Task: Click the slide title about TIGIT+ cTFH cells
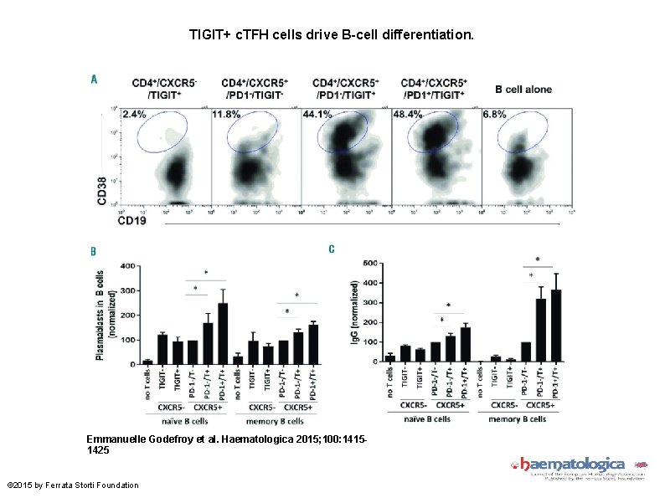(x=332, y=37)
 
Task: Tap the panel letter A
(x=94, y=80)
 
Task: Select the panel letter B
(x=93, y=250)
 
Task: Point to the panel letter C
(x=332, y=249)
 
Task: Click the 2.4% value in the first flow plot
(x=133, y=114)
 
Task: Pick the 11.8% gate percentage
(x=226, y=114)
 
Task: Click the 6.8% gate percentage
(x=494, y=114)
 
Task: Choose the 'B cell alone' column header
(x=523, y=89)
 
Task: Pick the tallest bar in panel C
(x=554, y=326)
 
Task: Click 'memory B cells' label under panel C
(x=518, y=418)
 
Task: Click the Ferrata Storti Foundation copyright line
(x=73, y=485)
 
